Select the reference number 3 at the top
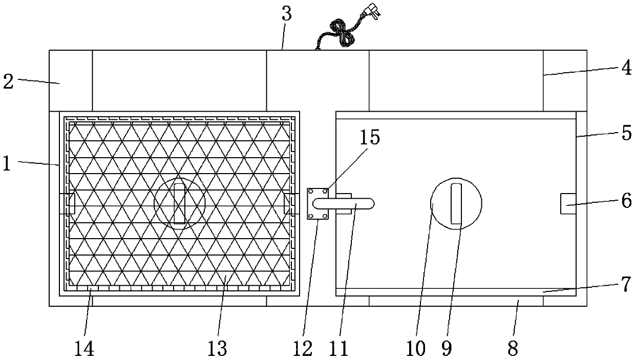(286, 14)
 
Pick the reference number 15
(370, 138)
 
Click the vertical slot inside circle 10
(456, 204)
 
